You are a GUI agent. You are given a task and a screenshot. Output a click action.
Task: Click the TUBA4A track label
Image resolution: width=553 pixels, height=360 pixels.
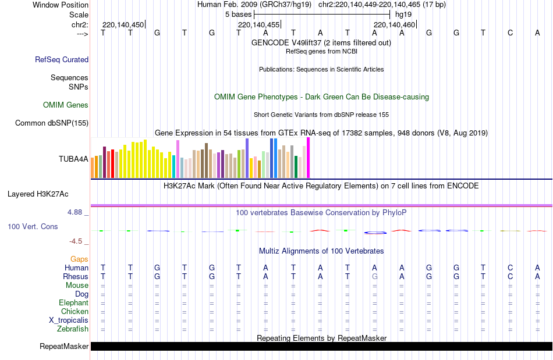coord(73,158)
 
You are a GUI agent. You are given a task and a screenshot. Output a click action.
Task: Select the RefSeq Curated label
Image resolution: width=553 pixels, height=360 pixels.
coord(62,59)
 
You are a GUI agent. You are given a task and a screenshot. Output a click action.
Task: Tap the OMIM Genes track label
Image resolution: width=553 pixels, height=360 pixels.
coord(66,105)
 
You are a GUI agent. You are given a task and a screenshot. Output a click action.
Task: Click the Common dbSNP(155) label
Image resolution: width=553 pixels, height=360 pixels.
coord(52,123)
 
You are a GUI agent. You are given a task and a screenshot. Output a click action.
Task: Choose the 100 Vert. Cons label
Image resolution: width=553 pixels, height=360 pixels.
coord(33,226)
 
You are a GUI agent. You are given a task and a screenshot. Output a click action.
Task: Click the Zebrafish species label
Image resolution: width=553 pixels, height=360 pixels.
coord(73,329)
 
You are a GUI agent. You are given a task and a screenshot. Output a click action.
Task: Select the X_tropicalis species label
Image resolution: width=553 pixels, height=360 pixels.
coord(69,320)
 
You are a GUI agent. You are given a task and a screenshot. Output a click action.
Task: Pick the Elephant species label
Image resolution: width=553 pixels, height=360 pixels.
coord(73,303)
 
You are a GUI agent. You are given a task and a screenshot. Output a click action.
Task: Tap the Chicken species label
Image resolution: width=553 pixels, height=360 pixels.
coord(75,312)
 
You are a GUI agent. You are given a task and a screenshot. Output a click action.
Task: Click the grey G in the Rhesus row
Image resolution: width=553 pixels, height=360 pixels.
coord(375,277)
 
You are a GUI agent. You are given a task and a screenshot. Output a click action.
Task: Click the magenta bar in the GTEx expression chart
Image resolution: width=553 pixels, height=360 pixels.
coord(308,158)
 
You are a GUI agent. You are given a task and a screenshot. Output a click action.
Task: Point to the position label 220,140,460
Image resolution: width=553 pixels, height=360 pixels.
coord(395,25)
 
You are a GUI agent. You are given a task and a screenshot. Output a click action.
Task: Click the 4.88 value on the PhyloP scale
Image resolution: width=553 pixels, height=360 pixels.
coord(75,212)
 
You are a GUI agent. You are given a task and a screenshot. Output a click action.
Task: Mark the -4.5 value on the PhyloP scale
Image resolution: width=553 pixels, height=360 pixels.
coord(76,241)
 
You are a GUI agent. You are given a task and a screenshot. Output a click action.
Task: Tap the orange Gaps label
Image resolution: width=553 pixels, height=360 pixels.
coord(79,259)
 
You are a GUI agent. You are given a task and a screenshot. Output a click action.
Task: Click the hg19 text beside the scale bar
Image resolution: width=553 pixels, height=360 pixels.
coord(403,14)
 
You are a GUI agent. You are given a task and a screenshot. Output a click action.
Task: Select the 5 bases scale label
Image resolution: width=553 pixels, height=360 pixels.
coord(238,14)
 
